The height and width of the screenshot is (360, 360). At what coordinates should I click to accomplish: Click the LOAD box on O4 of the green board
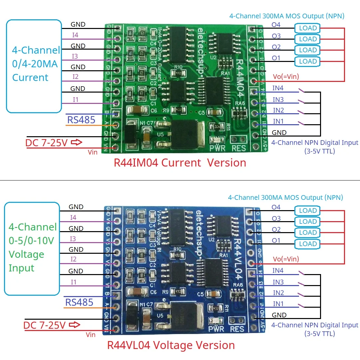[x=307, y=28]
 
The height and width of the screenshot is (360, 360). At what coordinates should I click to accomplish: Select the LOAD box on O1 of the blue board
[x=307, y=244]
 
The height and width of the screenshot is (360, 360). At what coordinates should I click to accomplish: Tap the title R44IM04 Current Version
[x=180, y=163]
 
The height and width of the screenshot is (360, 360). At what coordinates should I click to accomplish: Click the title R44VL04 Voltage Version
[x=171, y=345]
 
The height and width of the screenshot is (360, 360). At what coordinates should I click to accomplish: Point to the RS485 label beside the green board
[x=81, y=120]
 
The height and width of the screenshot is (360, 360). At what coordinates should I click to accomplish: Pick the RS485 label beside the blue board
[x=79, y=302]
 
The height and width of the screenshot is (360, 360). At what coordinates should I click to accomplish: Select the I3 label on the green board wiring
[x=75, y=56]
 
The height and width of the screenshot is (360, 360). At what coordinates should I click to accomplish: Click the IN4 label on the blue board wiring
[x=278, y=271]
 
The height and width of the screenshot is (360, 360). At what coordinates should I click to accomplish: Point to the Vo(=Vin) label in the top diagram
[x=286, y=77]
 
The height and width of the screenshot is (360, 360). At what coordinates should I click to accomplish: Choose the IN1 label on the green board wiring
[x=278, y=121]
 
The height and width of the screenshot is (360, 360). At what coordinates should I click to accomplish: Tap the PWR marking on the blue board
[x=216, y=329]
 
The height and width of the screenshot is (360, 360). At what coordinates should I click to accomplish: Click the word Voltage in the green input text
[x=26, y=254]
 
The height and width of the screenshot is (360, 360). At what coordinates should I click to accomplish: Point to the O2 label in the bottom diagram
[x=276, y=229]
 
